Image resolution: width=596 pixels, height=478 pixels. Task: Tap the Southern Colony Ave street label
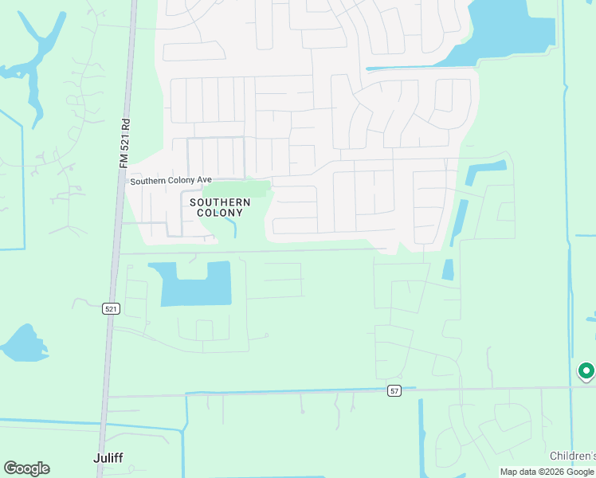[x=171, y=181]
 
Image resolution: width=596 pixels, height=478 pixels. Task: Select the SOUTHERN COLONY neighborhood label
[x=220, y=207]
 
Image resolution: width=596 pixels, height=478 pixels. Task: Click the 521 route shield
[x=112, y=309]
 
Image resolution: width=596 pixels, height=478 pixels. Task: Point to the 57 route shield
[x=394, y=390]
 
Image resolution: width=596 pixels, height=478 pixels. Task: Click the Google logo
[x=26, y=468]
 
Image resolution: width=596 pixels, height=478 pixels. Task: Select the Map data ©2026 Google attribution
[x=547, y=472]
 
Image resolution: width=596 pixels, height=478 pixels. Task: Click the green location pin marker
[x=586, y=370]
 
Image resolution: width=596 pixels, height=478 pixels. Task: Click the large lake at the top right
[x=510, y=32]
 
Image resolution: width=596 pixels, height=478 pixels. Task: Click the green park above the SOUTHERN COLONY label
[x=237, y=190]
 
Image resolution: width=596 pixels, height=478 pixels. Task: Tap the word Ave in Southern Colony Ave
[x=203, y=181]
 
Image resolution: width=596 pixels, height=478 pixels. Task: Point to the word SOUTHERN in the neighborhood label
[x=220, y=202]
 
